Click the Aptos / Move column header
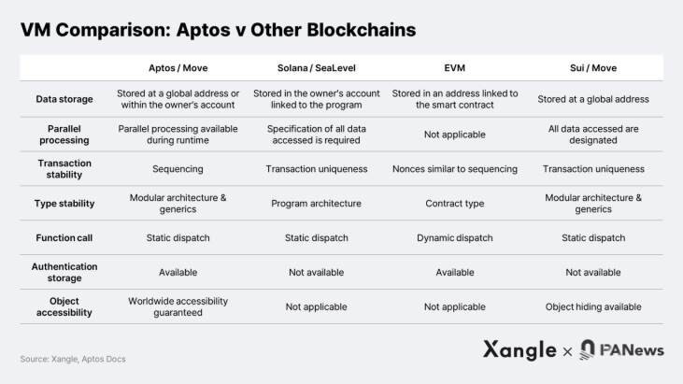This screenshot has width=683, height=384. pos(178,68)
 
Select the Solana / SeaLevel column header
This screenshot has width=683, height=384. pos(317,68)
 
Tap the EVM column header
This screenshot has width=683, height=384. pos(455,68)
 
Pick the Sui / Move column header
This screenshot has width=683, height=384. pos(593,68)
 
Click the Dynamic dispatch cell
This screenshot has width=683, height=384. pos(455,237)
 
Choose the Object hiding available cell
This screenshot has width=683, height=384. pos(593,306)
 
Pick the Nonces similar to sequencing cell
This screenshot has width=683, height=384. pos(455,169)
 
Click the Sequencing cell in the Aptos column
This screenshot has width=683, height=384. pos(178,169)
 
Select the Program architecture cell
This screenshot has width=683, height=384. pos(317,203)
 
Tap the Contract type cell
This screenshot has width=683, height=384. pos(455,203)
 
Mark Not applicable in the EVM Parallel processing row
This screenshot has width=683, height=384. pos(455,135)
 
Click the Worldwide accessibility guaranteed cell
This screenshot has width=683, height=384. pos(178,306)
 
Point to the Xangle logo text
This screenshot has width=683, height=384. pos(519,350)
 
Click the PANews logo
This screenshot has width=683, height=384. pos(622,350)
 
